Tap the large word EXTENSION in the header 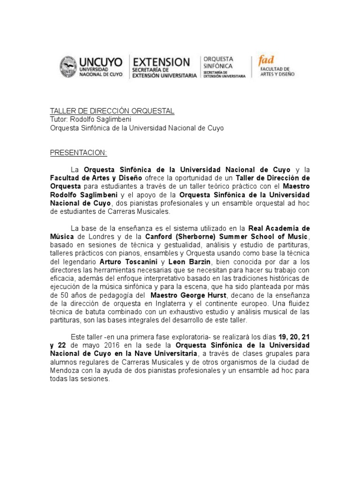coord(162,62)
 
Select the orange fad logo coord(266,60)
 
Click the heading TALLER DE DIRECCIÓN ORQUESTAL coord(112,111)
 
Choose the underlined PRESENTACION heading coord(78,153)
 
